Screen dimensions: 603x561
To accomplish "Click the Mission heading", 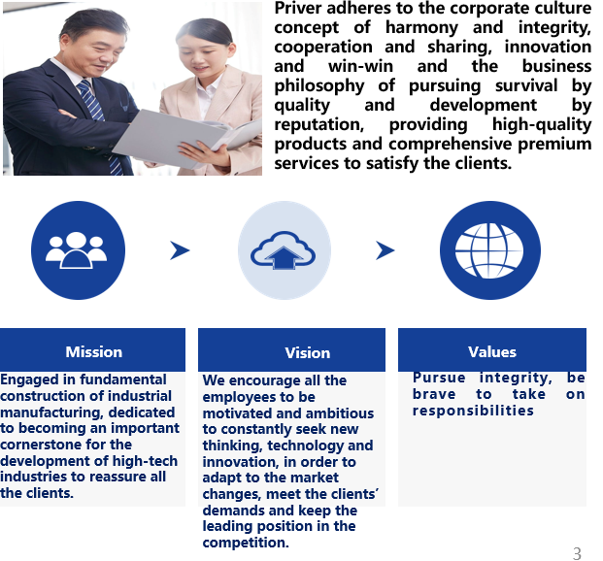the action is coord(94,351).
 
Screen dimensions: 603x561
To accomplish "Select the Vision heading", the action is coord(307,353).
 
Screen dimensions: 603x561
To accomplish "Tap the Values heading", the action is coord(492,351).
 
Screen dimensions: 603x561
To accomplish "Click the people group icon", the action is coord(77,250).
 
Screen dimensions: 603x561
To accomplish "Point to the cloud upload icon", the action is coord(283,250).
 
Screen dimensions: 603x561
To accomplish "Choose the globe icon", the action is coord(489,250).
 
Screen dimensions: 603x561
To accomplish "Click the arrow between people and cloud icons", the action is coord(180,250).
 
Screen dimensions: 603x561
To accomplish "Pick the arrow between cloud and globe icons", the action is coord(385,250).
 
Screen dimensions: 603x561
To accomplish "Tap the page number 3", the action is coord(577,553).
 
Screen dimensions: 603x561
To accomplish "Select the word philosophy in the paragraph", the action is coord(319,86).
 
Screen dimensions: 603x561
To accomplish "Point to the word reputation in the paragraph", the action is coord(319,125).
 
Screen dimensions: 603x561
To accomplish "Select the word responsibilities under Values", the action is coord(473,411).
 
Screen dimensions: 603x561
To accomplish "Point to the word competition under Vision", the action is coord(246,543).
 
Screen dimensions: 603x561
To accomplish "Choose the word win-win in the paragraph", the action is coord(360,67).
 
